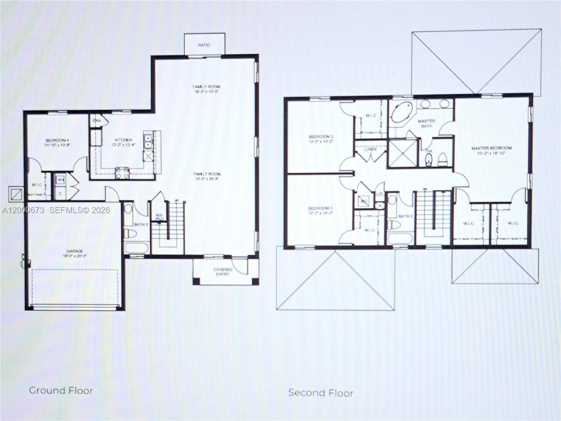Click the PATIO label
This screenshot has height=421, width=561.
(x=204, y=45)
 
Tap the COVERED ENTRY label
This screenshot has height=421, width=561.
(x=223, y=272)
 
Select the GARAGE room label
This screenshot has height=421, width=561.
(x=75, y=251)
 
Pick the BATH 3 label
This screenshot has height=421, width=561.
(x=141, y=224)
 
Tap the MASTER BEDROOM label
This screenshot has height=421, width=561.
(x=492, y=148)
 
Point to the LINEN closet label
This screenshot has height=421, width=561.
(x=370, y=149)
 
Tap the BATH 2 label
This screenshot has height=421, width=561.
(x=406, y=216)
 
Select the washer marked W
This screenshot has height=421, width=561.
(x=60, y=180)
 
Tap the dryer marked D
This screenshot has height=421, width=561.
(x=60, y=193)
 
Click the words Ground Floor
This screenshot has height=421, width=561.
(x=61, y=390)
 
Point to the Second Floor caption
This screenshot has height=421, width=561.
(x=321, y=393)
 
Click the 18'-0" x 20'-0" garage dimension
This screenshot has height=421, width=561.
(x=75, y=256)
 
